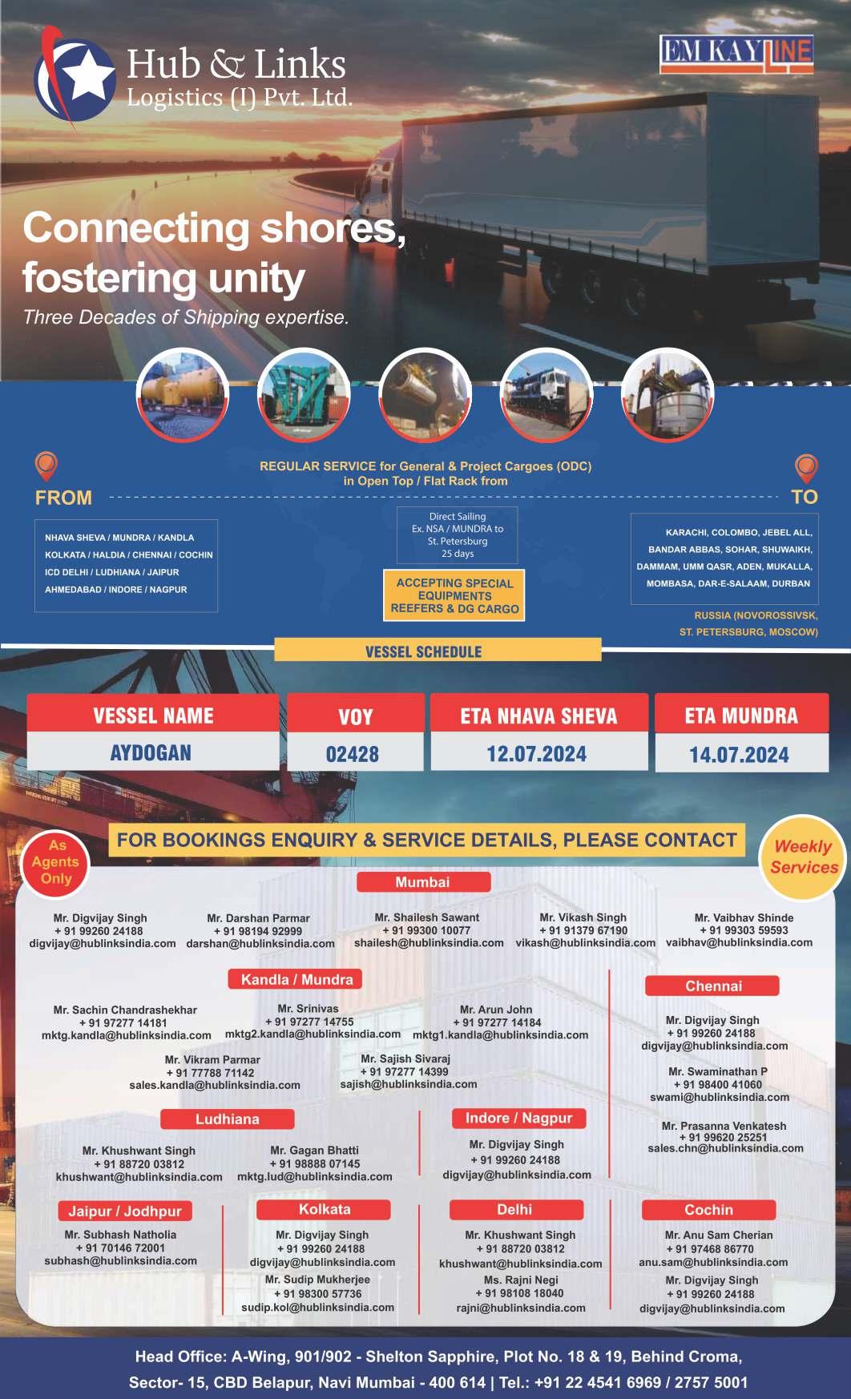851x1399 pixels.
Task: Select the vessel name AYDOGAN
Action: tap(151, 753)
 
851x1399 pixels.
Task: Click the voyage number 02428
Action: tap(353, 755)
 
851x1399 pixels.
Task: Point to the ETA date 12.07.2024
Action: tap(537, 754)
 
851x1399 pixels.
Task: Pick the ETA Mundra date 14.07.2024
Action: tap(740, 755)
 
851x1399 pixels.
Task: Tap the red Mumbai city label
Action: tap(422, 882)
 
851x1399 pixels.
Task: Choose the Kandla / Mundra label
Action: tap(296, 979)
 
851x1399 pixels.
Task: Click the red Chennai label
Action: tap(713, 986)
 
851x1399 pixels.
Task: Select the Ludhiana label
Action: tap(228, 1119)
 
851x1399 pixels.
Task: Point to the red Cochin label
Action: tap(708, 1210)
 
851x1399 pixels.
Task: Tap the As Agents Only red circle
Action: tap(55, 862)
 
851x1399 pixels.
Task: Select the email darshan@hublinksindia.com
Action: tap(260, 944)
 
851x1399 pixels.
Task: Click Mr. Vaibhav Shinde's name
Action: tap(744, 917)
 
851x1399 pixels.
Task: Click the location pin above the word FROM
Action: tap(46, 466)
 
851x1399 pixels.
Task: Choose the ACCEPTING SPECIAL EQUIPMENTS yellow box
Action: tap(454, 596)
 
